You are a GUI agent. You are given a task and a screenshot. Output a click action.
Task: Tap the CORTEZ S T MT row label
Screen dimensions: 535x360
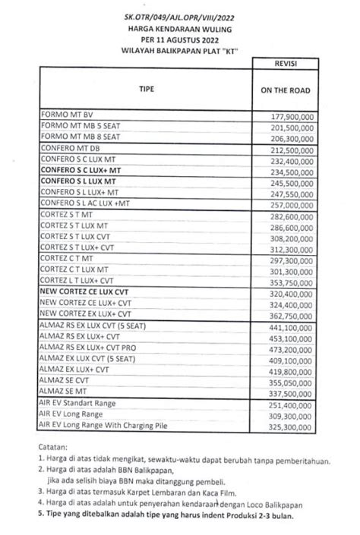coord(69,216)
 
